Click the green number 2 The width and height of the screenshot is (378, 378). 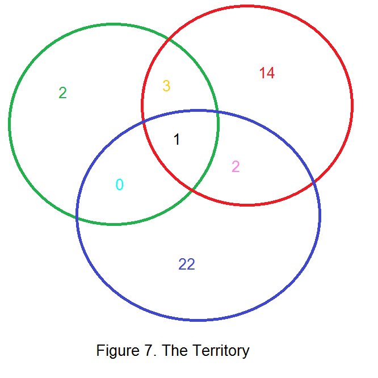pyautogui.click(x=62, y=93)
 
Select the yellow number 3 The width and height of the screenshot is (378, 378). pyautogui.click(x=166, y=86)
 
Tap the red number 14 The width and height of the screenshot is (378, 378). pyautogui.click(x=267, y=73)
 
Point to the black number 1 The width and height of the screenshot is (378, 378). pyautogui.click(x=177, y=140)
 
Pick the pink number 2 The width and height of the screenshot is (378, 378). pyautogui.click(x=236, y=167)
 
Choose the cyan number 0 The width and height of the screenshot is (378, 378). pyautogui.click(x=119, y=184)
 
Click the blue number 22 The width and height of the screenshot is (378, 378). pyautogui.click(x=187, y=264)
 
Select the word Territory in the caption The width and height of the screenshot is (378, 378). pyautogui.click(x=221, y=351)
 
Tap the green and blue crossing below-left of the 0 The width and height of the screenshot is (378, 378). pyautogui.click(x=77, y=216)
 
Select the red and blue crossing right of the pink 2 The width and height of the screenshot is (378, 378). pyautogui.click(x=313, y=182)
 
